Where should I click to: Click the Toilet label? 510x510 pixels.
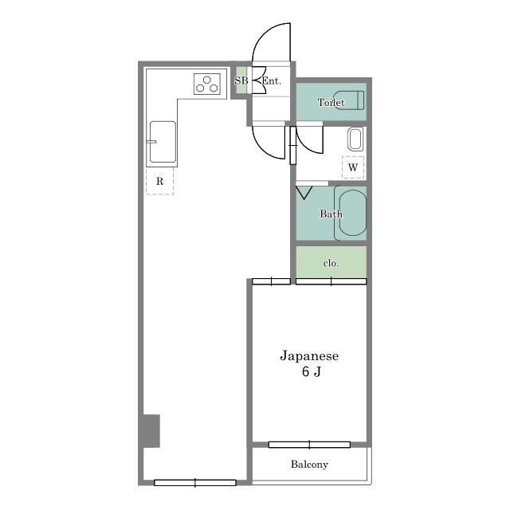click(x=331, y=103)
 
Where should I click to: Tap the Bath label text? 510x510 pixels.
click(x=331, y=214)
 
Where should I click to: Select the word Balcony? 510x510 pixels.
click(x=309, y=464)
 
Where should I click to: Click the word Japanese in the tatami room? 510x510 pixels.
click(x=309, y=356)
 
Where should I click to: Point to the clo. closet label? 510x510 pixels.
click(x=331, y=263)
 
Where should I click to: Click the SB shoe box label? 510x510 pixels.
click(x=241, y=80)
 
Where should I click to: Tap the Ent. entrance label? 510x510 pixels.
click(x=272, y=80)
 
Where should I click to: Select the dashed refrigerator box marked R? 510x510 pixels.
click(x=159, y=181)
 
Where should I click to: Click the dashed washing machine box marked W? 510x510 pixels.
click(x=353, y=167)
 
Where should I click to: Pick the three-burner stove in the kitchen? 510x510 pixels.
click(x=207, y=84)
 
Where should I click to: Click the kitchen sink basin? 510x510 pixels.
click(x=163, y=142)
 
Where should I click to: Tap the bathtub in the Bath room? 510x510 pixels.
click(x=351, y=213)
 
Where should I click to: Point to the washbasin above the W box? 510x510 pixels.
click(x=355, y=139)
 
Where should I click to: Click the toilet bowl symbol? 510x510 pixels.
click(x=349, y=100)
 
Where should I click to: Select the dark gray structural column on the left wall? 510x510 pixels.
click(x=151, y=430)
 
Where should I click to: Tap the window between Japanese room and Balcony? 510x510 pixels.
click(x=309, y=445)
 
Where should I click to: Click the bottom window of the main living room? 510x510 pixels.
click(x=194, y=483)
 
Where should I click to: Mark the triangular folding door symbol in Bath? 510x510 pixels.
click(x=304, y=192)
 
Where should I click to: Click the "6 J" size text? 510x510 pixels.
click(x=312, y=371)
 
